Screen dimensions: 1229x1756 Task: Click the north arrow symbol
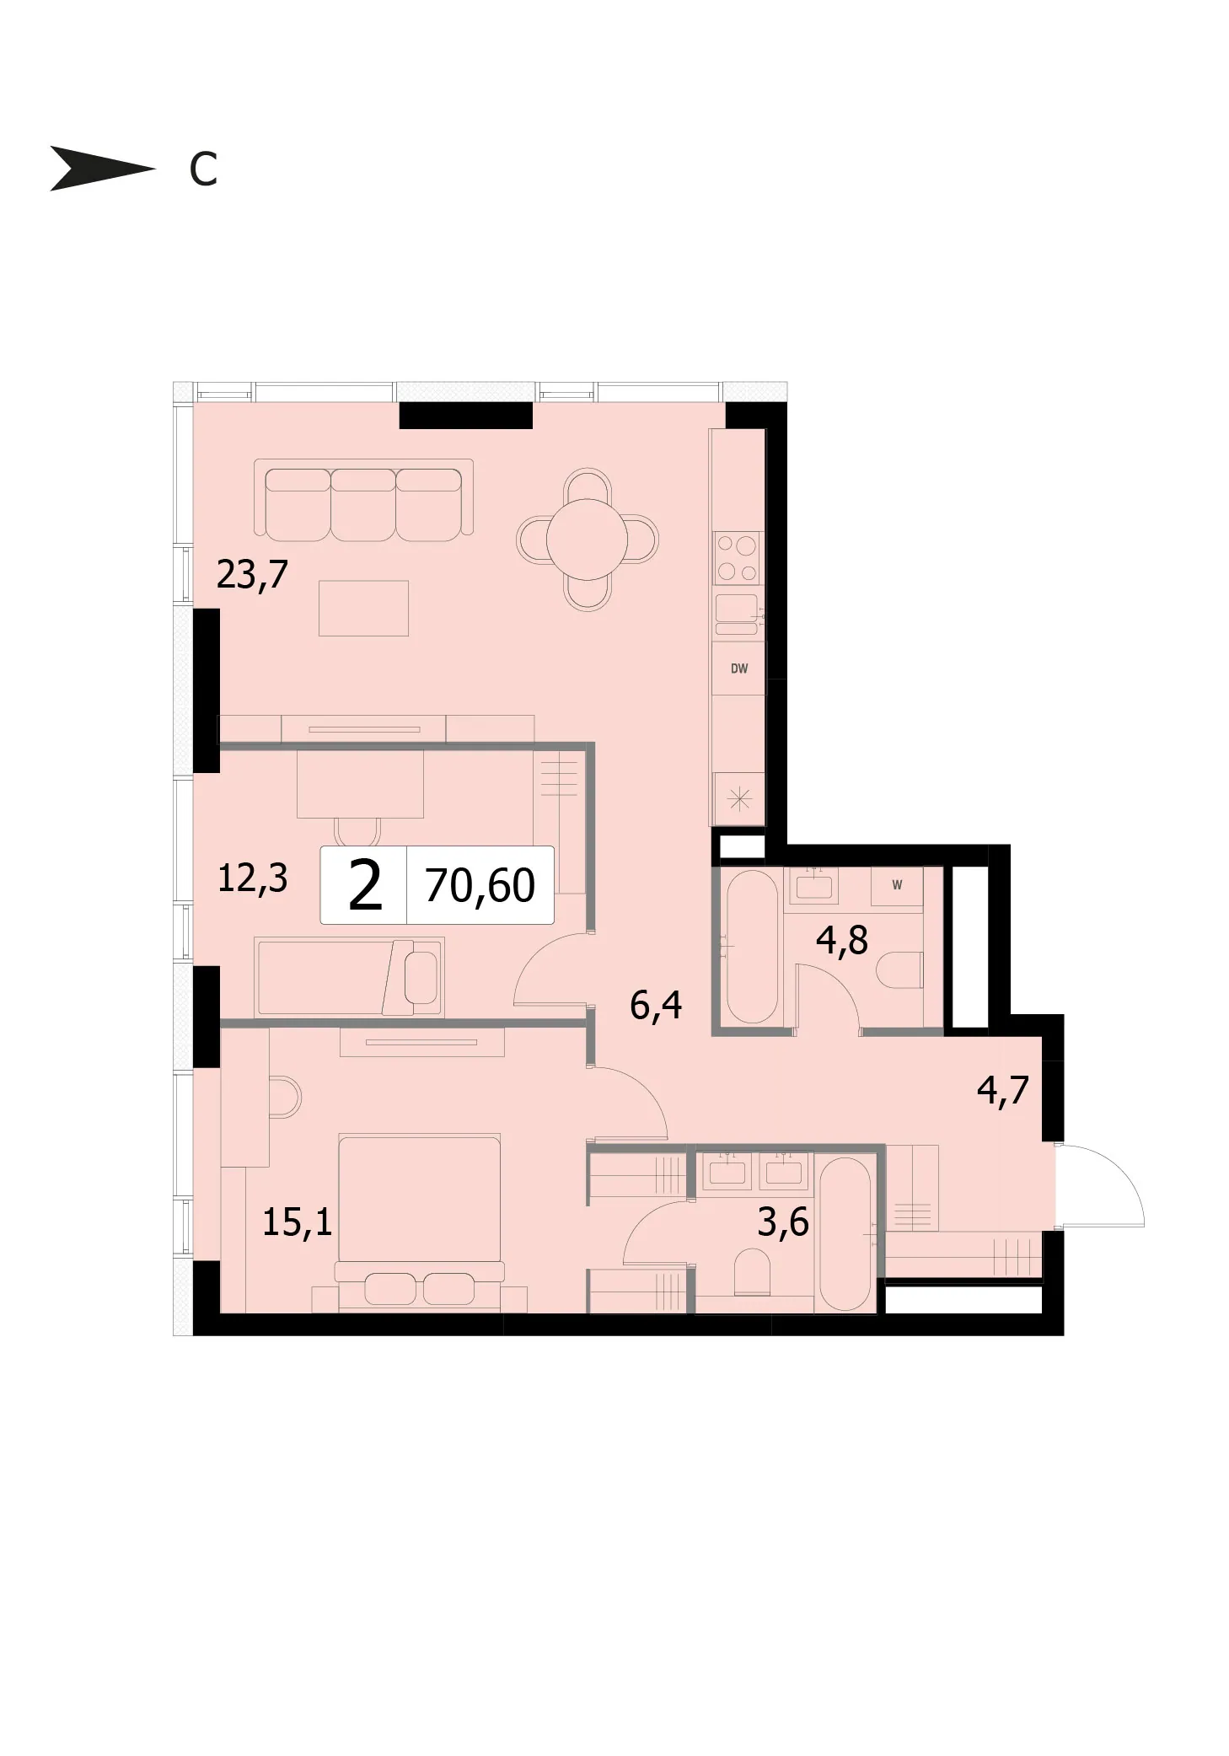[101, 169]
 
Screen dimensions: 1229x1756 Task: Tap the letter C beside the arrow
[203, 169]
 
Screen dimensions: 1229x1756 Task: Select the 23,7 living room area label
[252, 575]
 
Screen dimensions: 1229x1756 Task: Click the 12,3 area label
[252, 878]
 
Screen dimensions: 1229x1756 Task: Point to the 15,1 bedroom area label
[297, 1222]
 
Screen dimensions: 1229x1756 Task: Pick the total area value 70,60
[480, 885]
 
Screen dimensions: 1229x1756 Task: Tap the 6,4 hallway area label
[656, 1005]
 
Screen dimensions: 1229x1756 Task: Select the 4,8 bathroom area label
[841, 940]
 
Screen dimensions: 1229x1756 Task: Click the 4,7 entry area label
[1003, 1089]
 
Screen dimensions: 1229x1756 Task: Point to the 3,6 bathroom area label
[783, 1222]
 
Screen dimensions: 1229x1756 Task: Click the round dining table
[587, 540]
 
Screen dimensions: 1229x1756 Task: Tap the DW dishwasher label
[739, 669]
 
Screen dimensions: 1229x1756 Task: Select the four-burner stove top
[738, 558]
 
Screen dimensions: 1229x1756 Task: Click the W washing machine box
[897, 885]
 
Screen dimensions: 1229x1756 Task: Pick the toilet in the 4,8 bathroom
[899, 970]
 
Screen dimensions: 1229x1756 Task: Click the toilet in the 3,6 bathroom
[753, 1272]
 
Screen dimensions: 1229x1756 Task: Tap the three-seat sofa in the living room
[363, 502]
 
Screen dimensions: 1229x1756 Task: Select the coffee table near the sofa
[363, 608]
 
